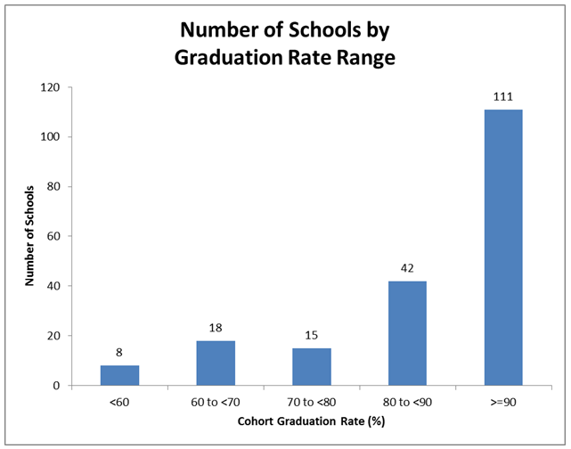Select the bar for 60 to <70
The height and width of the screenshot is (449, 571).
click(x=215, y=363)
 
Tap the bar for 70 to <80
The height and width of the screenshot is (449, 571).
click(x=311, y=366)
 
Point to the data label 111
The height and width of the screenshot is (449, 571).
click(x=502, y=96)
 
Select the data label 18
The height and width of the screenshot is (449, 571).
click(x=215, y=328)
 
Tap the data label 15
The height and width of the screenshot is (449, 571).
click(x=311, y=335)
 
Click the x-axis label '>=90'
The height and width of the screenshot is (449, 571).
click(x=502, y=403)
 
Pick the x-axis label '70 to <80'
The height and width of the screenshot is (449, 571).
click(x=311, y=403)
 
